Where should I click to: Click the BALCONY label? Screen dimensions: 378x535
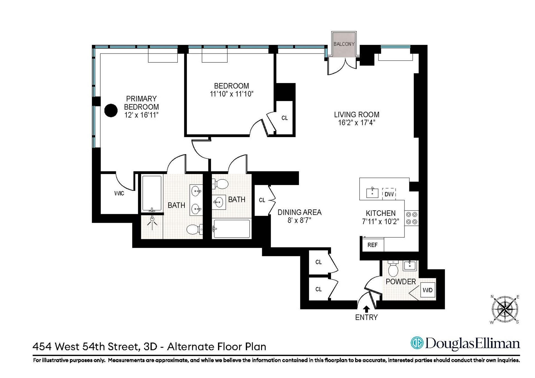pyautogui.click(x=344, y=44)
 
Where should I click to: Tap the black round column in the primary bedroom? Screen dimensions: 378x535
pyautogui.click(x=111, y=110)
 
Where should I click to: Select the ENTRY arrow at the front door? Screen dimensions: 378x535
pyautogui.click(x=366, y=309)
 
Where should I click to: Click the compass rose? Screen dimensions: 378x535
pyautogui.click(x=505, y=309)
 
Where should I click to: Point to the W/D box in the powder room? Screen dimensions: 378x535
pyautogui.click(x=427, y=290)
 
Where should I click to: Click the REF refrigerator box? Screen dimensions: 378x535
pyautogui.click(x=373, y=245)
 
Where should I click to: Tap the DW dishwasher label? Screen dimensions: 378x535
pyautogui.click(x=389, y=194)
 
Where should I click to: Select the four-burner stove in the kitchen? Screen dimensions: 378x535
pyautogui.click(x=412, y=218)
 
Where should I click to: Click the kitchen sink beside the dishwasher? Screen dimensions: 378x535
pyautogui.click(x=372, y=193)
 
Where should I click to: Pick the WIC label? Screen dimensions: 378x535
pyautogui.click(x=119, y=193)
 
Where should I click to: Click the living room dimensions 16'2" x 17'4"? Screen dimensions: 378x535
pyautogui.click(x=357, y=123)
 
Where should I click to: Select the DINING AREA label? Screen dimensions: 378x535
pyautogui.click(x=300, y=212)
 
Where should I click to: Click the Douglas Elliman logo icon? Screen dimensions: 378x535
pyautogui.click(x=417, y=343)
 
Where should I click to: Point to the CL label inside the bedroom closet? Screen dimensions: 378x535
pyautogui.click(x=284, y=118)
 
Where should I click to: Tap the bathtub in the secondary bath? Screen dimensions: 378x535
pyautogui.click(x=231, y=229)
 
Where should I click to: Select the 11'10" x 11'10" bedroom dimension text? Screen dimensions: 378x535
pyautogui.click(x=231, y=94)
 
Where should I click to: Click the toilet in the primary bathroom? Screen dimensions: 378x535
pyautogui.click(x=194, y=230)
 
